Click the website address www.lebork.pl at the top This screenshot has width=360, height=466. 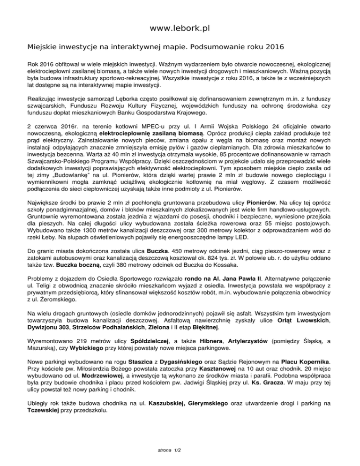[180, 29]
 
